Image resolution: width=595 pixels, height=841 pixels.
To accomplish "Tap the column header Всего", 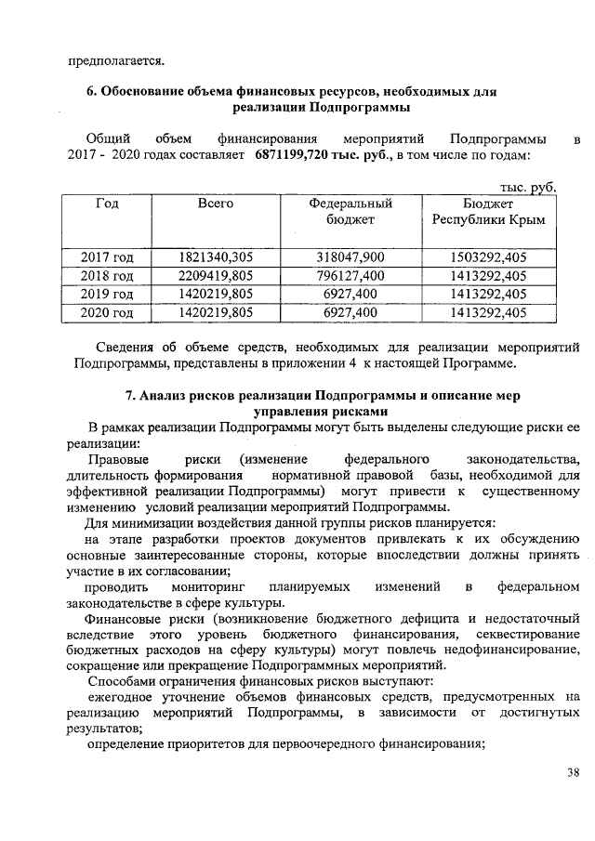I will tap(216, 203).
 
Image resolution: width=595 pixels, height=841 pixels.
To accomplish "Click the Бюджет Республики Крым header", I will tap(488, 211).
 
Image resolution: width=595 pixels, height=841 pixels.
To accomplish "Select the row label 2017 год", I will tap(107, 257).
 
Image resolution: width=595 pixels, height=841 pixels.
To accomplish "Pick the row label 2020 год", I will tap(107, 313).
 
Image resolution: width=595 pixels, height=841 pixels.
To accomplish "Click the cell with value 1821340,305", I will tap(216, 257).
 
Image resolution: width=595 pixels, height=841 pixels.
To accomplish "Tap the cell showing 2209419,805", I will tap(216, 276).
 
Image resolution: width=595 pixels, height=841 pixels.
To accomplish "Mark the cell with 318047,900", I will tap(350, 257).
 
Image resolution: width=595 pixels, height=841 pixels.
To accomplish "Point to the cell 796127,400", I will tap(350, 276).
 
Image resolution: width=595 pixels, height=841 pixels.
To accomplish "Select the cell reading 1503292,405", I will tap(488, 257).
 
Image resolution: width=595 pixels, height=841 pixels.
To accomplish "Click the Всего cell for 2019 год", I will tap(216, 295).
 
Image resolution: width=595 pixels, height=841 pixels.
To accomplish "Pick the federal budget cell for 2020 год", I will tap(350, 313).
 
